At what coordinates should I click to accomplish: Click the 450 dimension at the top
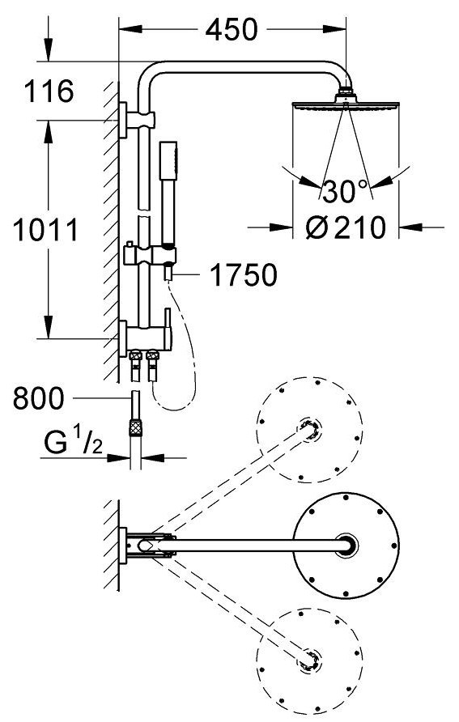pyautogui.click(x=232, y=30)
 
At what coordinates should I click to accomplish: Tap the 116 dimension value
pyautogui.click(x=49, y=91)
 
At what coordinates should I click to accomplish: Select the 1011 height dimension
pyautogui.click(x=45, y=230)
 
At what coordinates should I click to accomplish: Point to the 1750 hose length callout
pyautogui.click(x=244, y=275)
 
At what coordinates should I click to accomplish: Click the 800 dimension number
pyautogui.click(x=38, y=398)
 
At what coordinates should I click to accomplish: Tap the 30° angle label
pyautogui.click(x=346, y=191)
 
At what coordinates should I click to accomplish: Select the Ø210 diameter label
pyautogui.click(x=346, y=227)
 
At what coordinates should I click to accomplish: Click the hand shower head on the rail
pyautogui.click(x=168, y=161)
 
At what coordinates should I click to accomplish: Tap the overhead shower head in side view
pyautogui.click(x=346, y=102)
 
